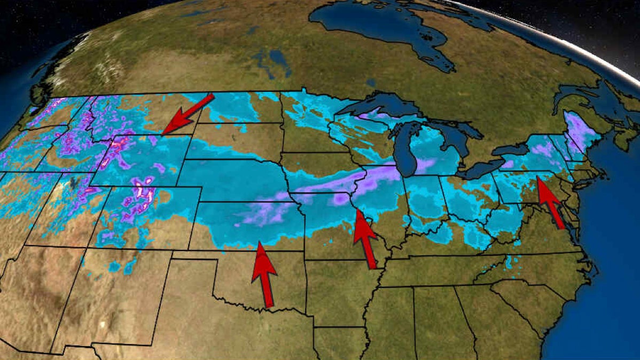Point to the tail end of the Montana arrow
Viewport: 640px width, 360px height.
212,96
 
